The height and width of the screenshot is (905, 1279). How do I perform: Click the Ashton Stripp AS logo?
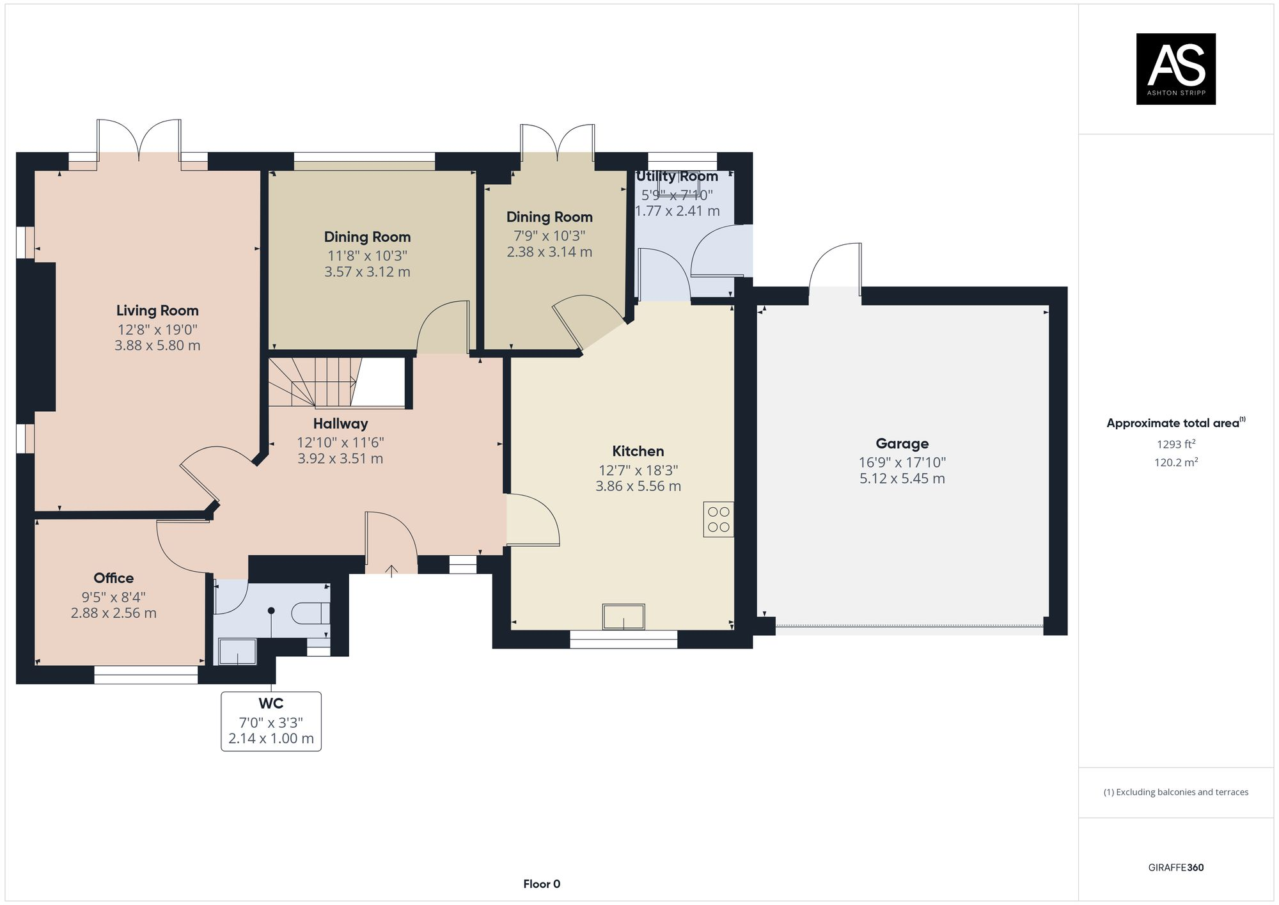(x=1175, y=68)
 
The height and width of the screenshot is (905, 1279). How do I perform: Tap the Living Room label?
(x=157, y=311)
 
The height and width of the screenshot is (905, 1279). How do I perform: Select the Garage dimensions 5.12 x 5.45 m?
(x=902, y=479)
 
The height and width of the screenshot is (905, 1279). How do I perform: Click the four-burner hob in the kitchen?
(x=719, y=519)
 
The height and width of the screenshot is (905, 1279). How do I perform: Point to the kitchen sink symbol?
(x=624, y=617)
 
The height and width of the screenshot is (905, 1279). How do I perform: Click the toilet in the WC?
(x=311, y=613)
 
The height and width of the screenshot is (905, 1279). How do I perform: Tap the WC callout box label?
(x=271, y=704)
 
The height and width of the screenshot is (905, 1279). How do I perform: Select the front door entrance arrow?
(x=391, y=569)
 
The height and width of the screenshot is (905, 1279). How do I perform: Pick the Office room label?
(x=114, y=578)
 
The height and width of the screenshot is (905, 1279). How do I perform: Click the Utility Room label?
(x=677, y=177)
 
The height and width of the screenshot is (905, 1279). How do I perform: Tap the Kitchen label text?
(x=638, y=452)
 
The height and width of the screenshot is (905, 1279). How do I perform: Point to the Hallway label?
(x=340, y=424)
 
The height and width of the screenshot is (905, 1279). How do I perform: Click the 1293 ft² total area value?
(x=1175, y=444)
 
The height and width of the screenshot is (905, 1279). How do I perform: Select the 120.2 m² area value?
(x=1175, y=462)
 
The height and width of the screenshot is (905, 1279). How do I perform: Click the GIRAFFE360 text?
(x=1175, y=868)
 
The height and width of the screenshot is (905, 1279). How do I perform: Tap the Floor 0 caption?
(x=542, y=885)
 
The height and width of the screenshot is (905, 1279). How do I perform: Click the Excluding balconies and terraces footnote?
(x=1175, y=792)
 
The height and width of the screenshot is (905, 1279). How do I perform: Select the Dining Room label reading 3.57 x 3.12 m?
(x=367, y=272)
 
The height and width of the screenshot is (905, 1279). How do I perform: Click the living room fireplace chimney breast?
(x=37, y=336)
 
